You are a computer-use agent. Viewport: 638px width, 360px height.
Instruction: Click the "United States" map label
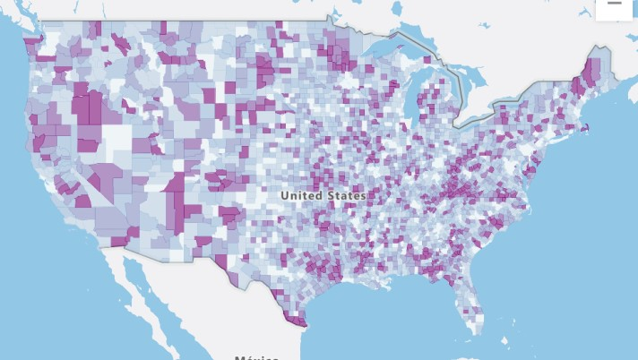[x=322, y=194]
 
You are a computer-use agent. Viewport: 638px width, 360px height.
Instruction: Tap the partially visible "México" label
[x=256, y=356]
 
